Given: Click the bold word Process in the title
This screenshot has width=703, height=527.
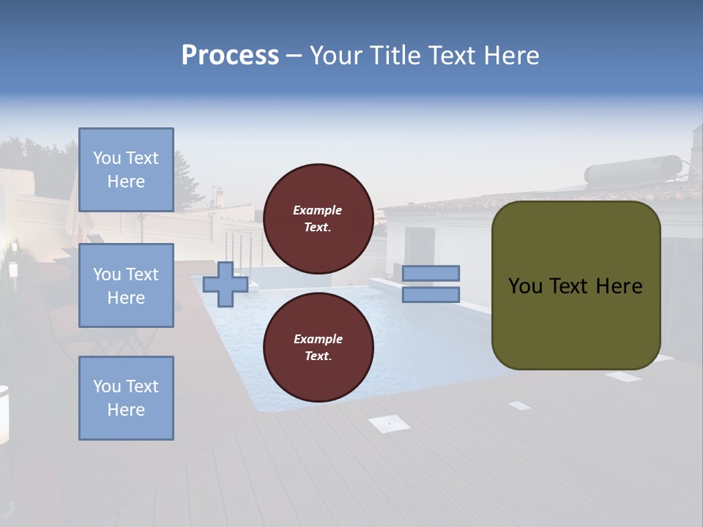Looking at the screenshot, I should point(230,56).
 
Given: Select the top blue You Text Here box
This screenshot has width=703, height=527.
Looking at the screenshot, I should point(126,170).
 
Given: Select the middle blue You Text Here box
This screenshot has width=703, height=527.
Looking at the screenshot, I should point(126,285).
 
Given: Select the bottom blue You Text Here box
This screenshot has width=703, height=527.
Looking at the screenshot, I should point(126,398).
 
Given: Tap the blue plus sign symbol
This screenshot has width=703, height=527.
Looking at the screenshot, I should point(225,284).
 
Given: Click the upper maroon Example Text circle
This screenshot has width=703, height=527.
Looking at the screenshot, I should point(318,218).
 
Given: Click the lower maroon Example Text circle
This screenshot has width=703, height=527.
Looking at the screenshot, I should point(318,347).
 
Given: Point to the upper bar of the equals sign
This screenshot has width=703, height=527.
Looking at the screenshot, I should point(431,273).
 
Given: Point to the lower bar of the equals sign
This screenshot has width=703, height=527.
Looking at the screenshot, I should point(431,295).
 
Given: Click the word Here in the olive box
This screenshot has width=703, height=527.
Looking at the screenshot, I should point(620,286).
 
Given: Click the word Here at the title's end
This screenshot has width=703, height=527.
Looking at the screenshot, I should point(513,56).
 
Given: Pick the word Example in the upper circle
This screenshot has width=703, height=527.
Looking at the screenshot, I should point(318,210).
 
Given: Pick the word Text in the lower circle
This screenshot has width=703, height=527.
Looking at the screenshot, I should point(317,356).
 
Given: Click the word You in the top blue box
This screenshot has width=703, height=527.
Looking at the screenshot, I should point(107,158).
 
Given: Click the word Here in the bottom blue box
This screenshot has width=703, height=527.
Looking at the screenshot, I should point(126,410).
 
